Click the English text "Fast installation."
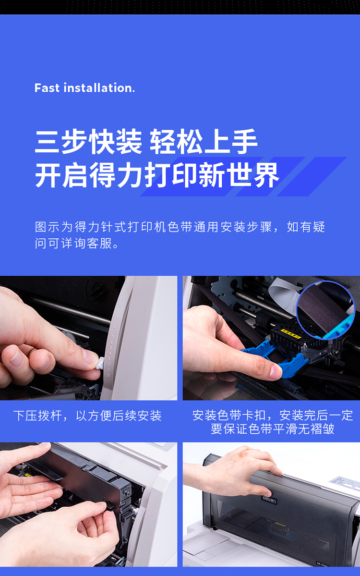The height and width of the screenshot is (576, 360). coord(85,88)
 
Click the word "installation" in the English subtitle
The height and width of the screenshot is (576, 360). coord(98,88)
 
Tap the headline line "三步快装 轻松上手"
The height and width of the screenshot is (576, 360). coord(146,142)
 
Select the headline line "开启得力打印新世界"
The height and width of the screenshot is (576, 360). coord(157,175)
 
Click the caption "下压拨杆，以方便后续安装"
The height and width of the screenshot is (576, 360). coord(87,416)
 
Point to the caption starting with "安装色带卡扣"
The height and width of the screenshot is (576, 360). coord(272,422)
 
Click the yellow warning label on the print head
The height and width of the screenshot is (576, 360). coord(291,333)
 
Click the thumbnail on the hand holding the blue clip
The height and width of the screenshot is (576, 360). coord(275,371)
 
